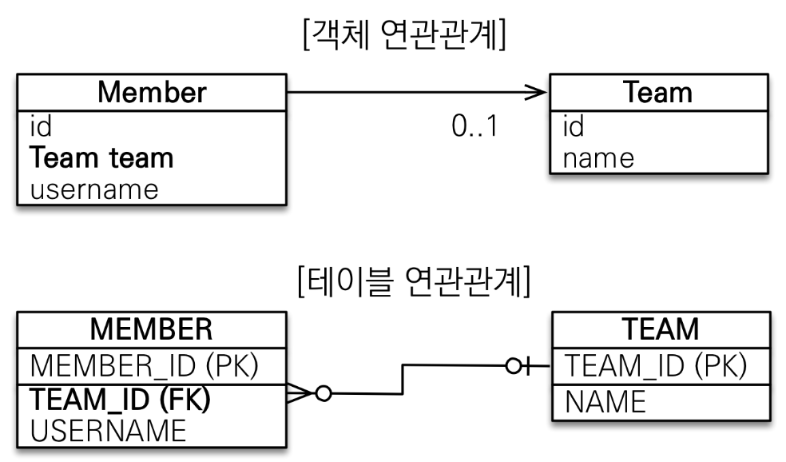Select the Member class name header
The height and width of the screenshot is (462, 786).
tap(152, 92)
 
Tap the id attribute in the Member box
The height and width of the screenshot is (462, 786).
tap(41, 125)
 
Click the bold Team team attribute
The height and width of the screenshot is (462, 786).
tap(101, 157)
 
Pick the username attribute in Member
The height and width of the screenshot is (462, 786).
tap(94, 189)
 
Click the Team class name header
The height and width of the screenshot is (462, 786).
tap(658, 92)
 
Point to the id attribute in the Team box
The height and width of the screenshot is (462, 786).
tap(574, 125)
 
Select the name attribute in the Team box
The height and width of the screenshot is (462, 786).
tap(598, 157)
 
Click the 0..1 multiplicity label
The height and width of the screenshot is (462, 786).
tap(474, 125)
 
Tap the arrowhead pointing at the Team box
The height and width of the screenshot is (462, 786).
tap(537, 93)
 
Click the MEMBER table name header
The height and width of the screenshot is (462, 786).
tap(151, 329)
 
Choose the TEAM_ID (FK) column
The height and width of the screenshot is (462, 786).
tap(121, 398)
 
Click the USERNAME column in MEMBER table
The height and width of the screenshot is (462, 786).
tap(108, 431)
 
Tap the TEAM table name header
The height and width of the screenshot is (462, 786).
tap(660, 329)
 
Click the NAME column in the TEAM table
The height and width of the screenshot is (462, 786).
tap(605, 401)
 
